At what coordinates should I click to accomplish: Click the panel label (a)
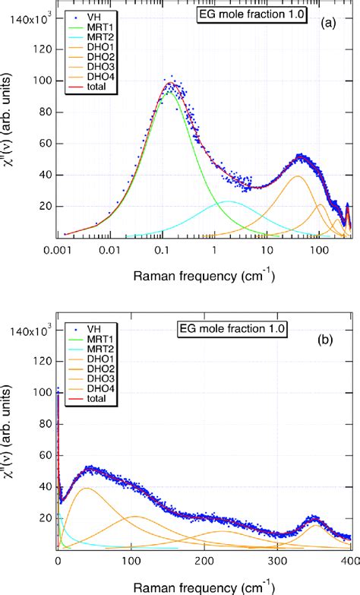coord(335,24)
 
